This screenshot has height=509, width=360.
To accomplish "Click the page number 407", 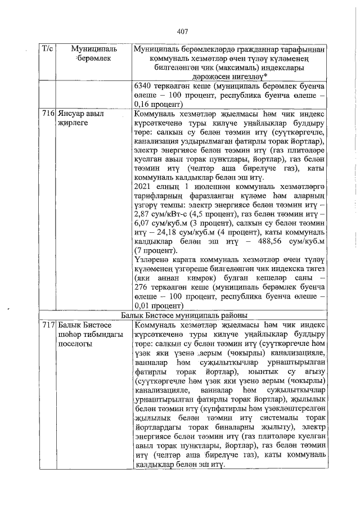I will (181, 31).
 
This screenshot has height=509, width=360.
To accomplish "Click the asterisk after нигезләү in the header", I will (266, 76).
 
